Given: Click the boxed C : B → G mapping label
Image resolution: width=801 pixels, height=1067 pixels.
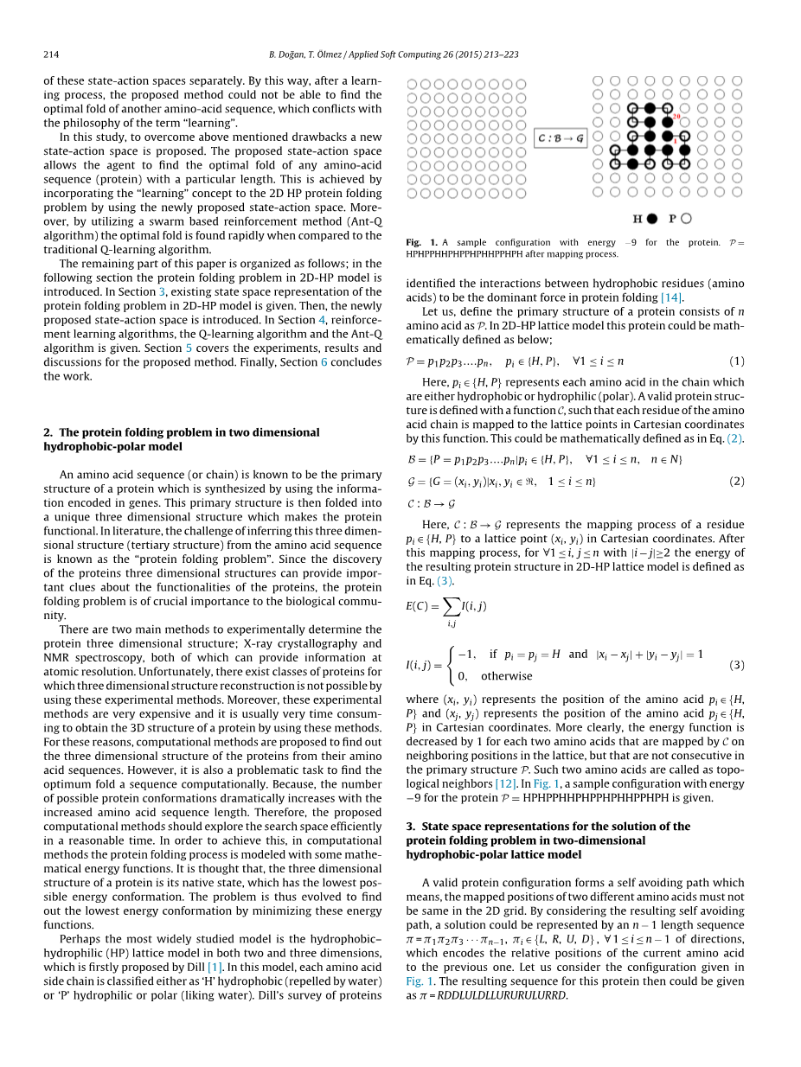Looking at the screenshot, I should (561, 138).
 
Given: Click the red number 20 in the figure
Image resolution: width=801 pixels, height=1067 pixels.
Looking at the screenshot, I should (676, 116).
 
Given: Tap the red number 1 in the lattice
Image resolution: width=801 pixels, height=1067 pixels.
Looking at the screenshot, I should (676, 141).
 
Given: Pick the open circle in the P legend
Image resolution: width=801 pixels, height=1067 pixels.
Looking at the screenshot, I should (687, 219).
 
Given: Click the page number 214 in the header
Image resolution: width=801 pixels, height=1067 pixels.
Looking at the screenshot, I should (51, 54).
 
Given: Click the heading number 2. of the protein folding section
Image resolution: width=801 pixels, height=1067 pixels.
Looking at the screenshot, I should (48, 432).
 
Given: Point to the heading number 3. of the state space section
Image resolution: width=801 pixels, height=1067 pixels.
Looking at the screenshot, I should (411, 826).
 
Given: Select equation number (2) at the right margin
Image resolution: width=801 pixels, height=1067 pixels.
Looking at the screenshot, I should (736, 481).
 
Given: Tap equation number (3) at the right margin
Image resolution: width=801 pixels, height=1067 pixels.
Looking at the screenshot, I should (736, 665).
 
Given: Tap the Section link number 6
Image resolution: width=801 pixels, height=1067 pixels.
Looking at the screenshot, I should (324, 361).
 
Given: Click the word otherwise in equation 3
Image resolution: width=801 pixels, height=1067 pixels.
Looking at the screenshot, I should (507, 676).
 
